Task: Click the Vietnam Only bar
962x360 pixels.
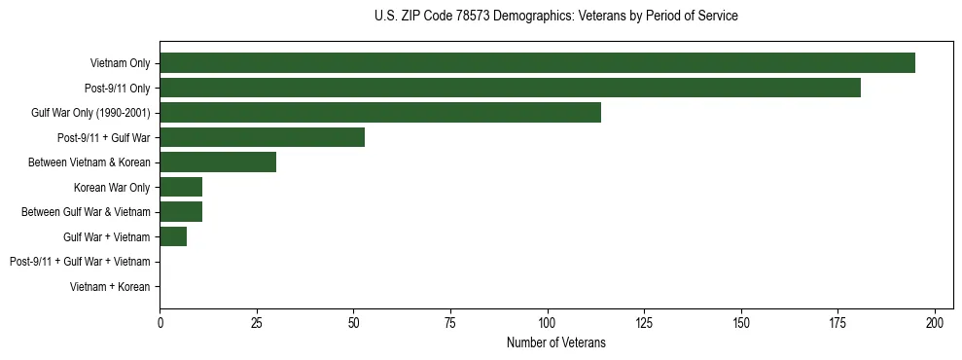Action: (x=537, y=63)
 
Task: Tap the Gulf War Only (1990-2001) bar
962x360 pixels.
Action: (x=380, y=113)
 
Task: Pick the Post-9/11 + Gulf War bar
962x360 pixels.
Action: (x=262, y=137)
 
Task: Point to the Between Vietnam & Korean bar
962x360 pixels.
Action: (x=218, y=162)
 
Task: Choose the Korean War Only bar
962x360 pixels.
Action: (x=181, y=187)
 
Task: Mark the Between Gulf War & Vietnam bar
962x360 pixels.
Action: (x=181, y=211)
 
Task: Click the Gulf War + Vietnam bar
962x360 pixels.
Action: (x=173, y=236)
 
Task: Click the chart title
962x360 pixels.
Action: (x=555, y=17)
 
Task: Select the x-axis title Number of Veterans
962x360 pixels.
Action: (x=555, y=342)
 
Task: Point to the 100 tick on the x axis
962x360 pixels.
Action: (x=548, y=322)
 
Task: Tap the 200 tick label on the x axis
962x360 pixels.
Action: (x=935, y=322)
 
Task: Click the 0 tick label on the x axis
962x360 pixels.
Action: (x=160, y=322)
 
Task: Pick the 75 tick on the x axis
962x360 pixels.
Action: (x=450, y=322)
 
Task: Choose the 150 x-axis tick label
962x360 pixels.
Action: (x=741, y=322)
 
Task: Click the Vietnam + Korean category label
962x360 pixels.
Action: (x=110, y=286)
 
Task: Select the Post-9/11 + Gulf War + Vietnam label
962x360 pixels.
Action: (x=80, y=262)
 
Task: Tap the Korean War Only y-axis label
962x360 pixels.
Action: (x=112, y=187)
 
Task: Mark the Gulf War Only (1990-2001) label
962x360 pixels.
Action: (x=90, y=113)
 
